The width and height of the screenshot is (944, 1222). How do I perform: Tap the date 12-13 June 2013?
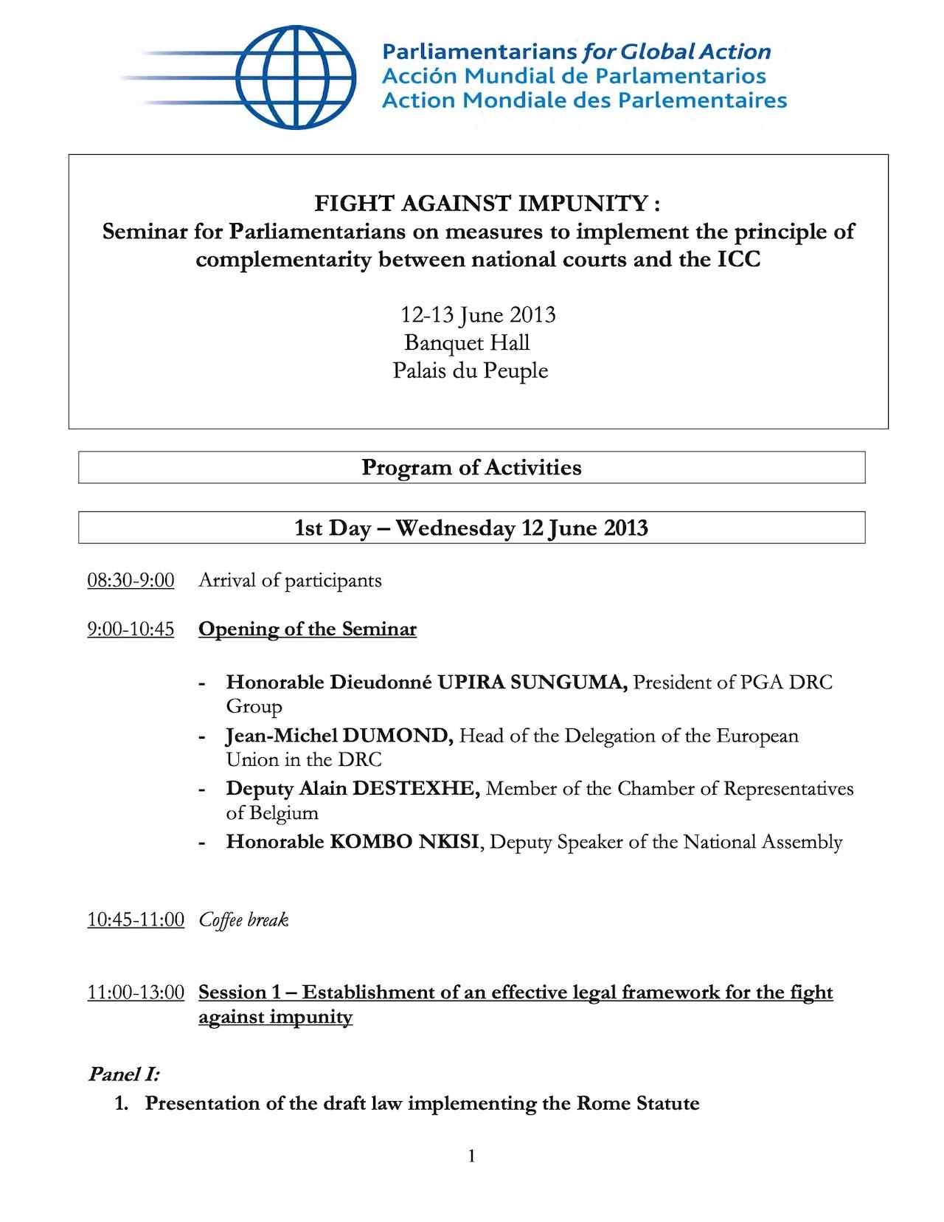tap(477, 315)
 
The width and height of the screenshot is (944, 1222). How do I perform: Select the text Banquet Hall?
tap(467, 343)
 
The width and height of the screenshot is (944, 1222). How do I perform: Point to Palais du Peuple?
tap(470, 370)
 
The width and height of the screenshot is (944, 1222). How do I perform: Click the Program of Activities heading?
tap(471, 468)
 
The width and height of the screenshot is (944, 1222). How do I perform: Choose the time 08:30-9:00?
tap(131, 581)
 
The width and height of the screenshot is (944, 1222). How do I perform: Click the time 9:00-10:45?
tap(131, 629)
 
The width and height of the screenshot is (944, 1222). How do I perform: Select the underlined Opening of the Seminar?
tap(307, 629)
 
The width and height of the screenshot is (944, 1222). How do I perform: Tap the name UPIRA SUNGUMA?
tap(532, 683)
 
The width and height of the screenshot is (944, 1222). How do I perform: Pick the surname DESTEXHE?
tap(416, 789)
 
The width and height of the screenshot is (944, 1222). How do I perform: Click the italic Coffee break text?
tap(243, 920)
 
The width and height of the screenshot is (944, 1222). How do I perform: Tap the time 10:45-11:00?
tap(136, 920)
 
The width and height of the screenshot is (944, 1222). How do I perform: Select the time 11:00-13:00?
tap(136, 993)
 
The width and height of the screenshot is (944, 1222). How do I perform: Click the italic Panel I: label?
tap(123, 1074)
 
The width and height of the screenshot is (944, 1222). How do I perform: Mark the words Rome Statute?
tap(637, 1104)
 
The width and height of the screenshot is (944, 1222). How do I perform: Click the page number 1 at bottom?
tap(471, 1156)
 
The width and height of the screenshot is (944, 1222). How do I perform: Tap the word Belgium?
tap(284, 813)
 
